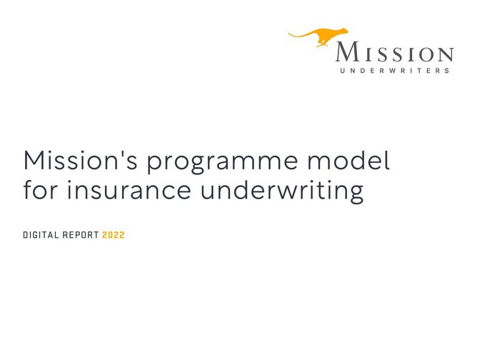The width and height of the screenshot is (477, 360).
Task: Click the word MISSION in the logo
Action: (x=393, y=53)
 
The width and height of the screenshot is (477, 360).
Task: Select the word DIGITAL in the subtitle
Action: (x=41, y=235)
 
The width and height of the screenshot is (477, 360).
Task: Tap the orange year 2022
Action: (x=113, y=235)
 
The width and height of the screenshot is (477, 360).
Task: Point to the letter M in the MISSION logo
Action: (x=348, y=53)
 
